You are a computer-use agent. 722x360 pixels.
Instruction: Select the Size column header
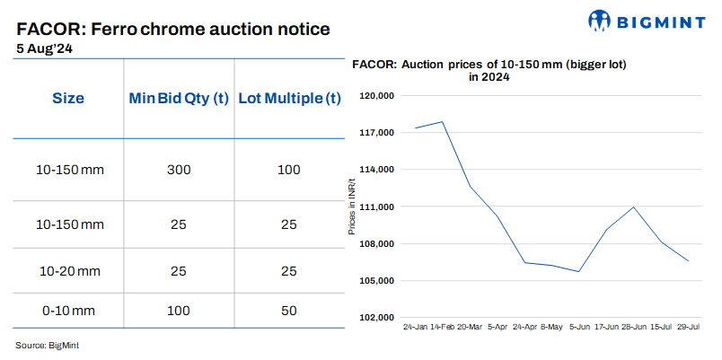[x=68, y=98]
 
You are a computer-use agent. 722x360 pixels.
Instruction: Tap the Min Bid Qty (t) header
[x=180, y=98]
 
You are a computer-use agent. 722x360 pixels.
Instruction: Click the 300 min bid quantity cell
[x=180, y=170]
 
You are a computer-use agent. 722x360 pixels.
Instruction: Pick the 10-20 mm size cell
[x=68, y=269]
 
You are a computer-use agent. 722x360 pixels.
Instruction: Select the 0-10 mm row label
[x=68, y=310]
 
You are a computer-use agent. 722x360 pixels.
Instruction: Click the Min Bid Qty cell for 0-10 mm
[x=180, y=310]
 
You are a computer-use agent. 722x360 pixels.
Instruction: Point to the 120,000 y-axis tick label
[x=378, y=95]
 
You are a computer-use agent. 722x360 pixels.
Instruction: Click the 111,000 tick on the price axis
[x=378, y=206]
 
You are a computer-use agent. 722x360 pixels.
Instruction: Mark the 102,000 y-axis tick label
[x=378, y=318]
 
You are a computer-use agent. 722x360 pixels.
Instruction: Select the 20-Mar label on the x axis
[x=471, y=329]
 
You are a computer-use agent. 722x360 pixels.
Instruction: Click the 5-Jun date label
[x=579, y=329]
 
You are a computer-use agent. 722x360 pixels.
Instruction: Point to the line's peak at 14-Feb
[x=443, y=121]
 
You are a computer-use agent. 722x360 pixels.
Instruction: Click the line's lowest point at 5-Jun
[x=579, y=271]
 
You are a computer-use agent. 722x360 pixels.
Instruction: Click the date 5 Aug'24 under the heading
[x=45, y=49]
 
